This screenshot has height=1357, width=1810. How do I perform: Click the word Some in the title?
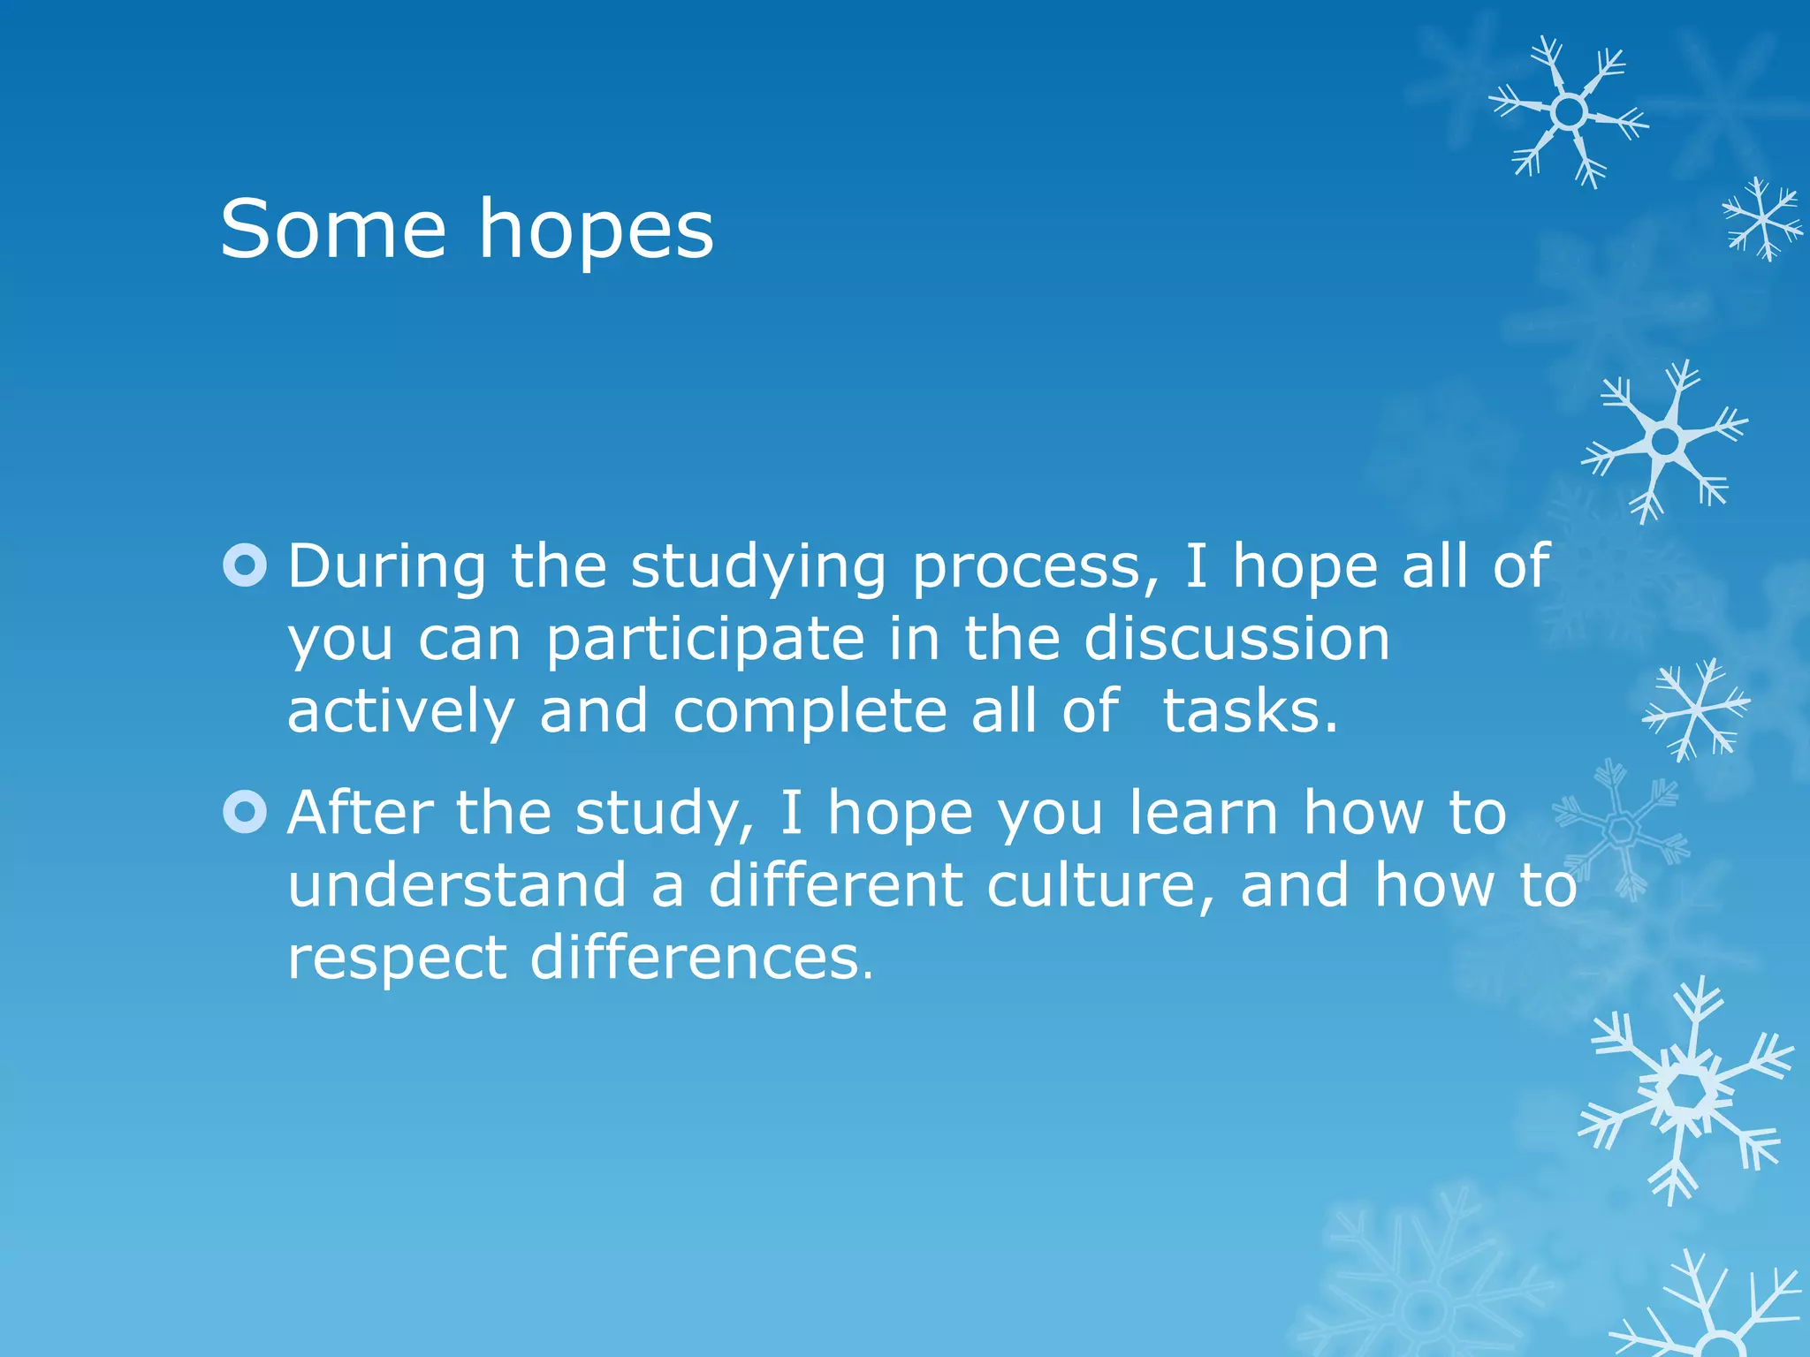tap(333, 230)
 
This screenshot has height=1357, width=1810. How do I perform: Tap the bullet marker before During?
tap(245, 565)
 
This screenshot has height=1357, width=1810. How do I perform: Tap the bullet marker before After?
tap(245, 812)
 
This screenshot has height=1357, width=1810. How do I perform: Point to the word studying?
tap(757, 568)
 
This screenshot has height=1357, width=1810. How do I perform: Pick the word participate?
tap(704, 640)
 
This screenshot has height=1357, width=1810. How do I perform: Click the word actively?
tap(400, 712)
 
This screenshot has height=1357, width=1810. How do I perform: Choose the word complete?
tap(810, 712)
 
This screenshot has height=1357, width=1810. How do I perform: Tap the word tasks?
tap(1249, 712)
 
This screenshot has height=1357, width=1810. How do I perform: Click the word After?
tap(360, 813)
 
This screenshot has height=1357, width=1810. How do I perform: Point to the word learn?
tap(1203, 813)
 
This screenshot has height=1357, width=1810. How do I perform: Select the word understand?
tap(457, 885)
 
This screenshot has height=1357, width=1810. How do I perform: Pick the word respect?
tap(397, 959)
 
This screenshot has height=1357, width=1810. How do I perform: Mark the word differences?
tap(701, 958)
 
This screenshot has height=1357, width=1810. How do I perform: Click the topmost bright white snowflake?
tap(1569, 112)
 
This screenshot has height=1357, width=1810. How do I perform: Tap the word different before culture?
tap(835, 885)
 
